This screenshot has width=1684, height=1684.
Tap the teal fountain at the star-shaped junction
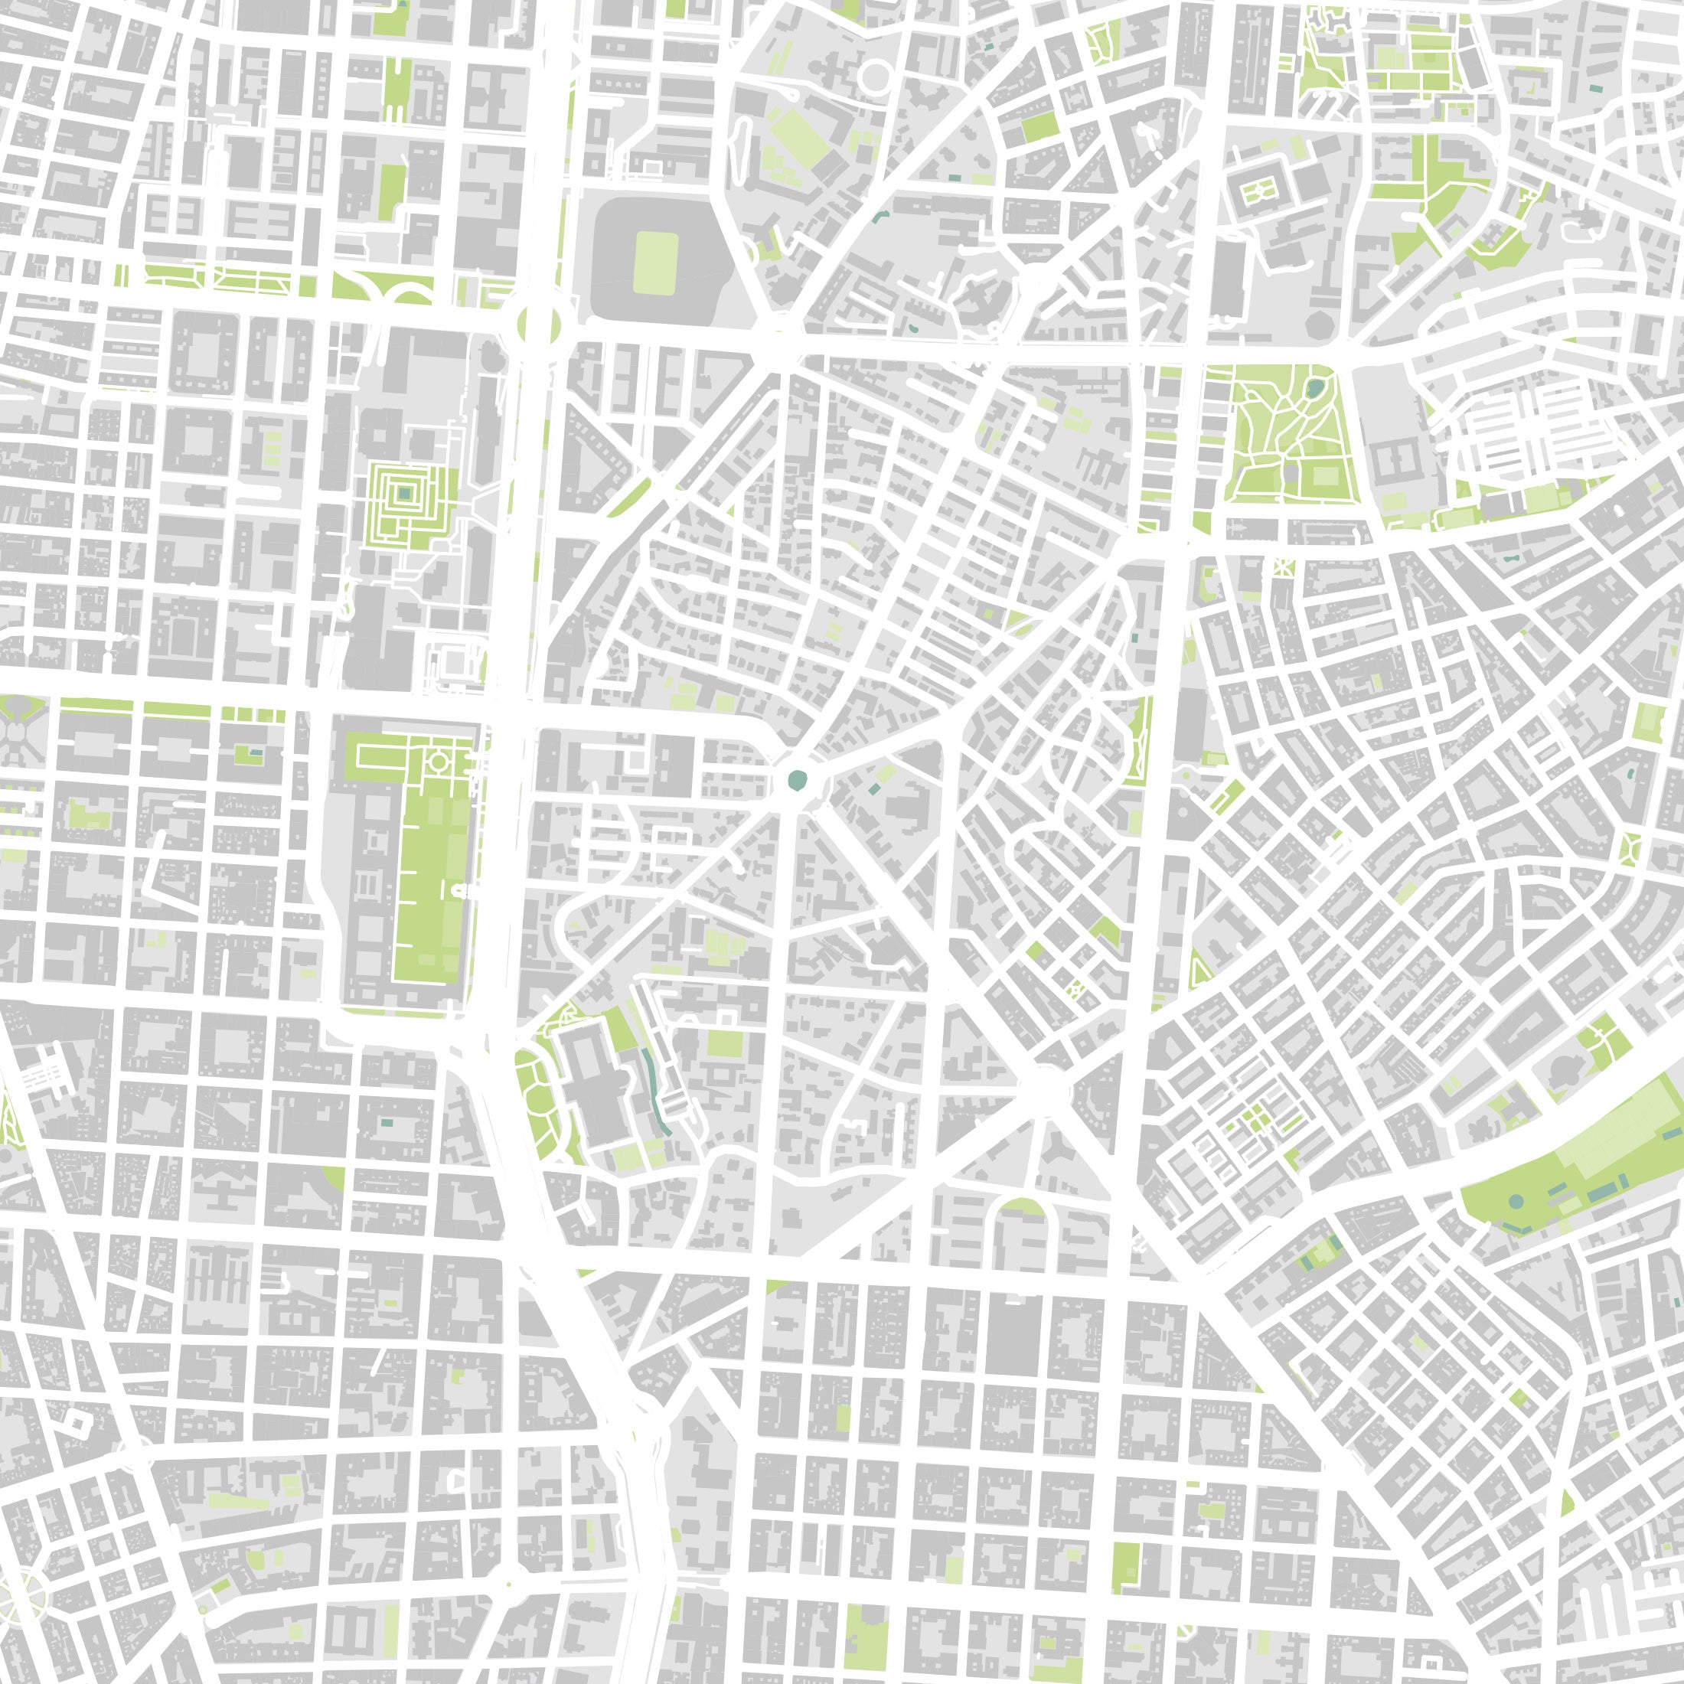797,780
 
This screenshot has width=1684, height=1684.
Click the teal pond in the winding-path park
1314,385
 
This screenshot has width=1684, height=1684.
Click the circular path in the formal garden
439,762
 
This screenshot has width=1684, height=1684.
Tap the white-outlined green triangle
1199,968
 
